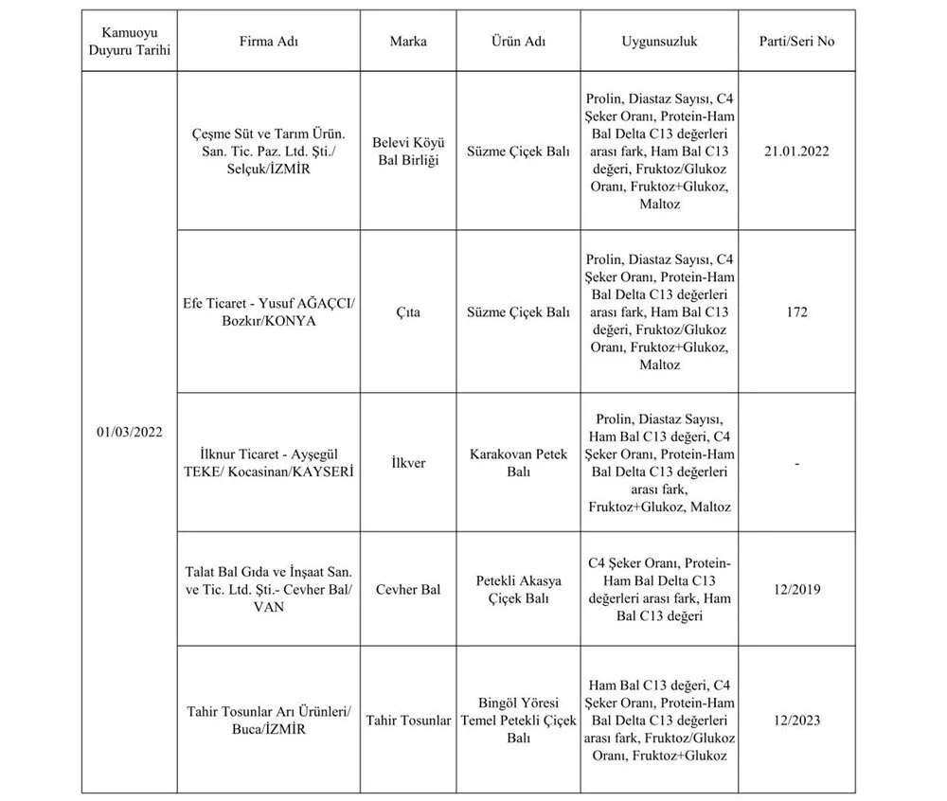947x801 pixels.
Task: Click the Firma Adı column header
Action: click(269, 42)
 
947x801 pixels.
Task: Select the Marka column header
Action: click(408, 42)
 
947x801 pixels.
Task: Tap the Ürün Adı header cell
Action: click(518, 42)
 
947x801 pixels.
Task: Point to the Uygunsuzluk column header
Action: click(660, 42)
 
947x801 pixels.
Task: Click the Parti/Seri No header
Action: click(796, 42)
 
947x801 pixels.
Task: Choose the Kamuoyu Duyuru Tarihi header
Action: click(129, 42)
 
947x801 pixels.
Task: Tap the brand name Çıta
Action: click(408, 311)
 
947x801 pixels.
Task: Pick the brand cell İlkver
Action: click(408, 464)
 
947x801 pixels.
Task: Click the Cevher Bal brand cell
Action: click(408, 590)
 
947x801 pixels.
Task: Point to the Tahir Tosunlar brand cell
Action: click(408, 721)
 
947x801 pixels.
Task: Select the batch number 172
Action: click(796, 311)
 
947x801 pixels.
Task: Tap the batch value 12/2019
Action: click(796, 590)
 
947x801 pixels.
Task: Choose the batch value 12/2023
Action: click(796, 721)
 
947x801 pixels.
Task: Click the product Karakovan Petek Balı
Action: click(518, 463)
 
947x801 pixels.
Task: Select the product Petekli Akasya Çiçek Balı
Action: click(518, 589)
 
